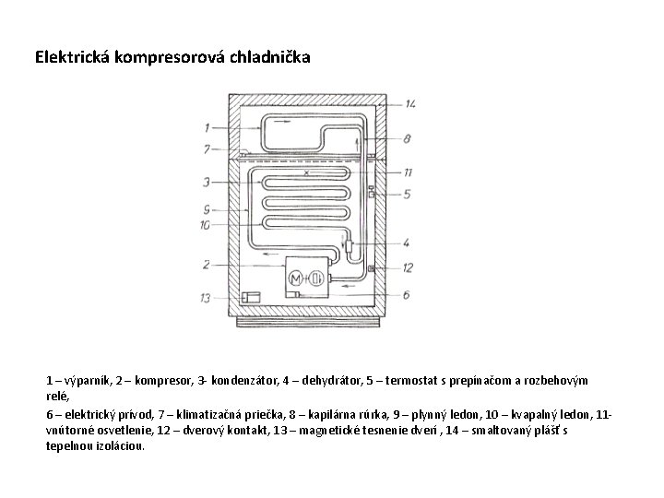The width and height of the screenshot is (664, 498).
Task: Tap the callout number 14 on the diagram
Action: [409, 103]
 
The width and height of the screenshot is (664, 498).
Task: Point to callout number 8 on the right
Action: [407, 138]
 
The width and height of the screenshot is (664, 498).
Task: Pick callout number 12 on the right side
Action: [407, 267]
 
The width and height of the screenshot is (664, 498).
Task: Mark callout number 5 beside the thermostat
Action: [407, 194]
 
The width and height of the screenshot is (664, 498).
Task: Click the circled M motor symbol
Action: [296, 279]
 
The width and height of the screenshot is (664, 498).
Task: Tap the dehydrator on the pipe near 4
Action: [351, 246]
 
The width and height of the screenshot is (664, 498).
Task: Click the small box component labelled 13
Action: [250, 297]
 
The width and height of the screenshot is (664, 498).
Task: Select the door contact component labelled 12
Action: [370, 267]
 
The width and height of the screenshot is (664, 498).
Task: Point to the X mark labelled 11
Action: [306, 173]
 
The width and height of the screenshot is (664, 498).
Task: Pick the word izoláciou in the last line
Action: [117, 445]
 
